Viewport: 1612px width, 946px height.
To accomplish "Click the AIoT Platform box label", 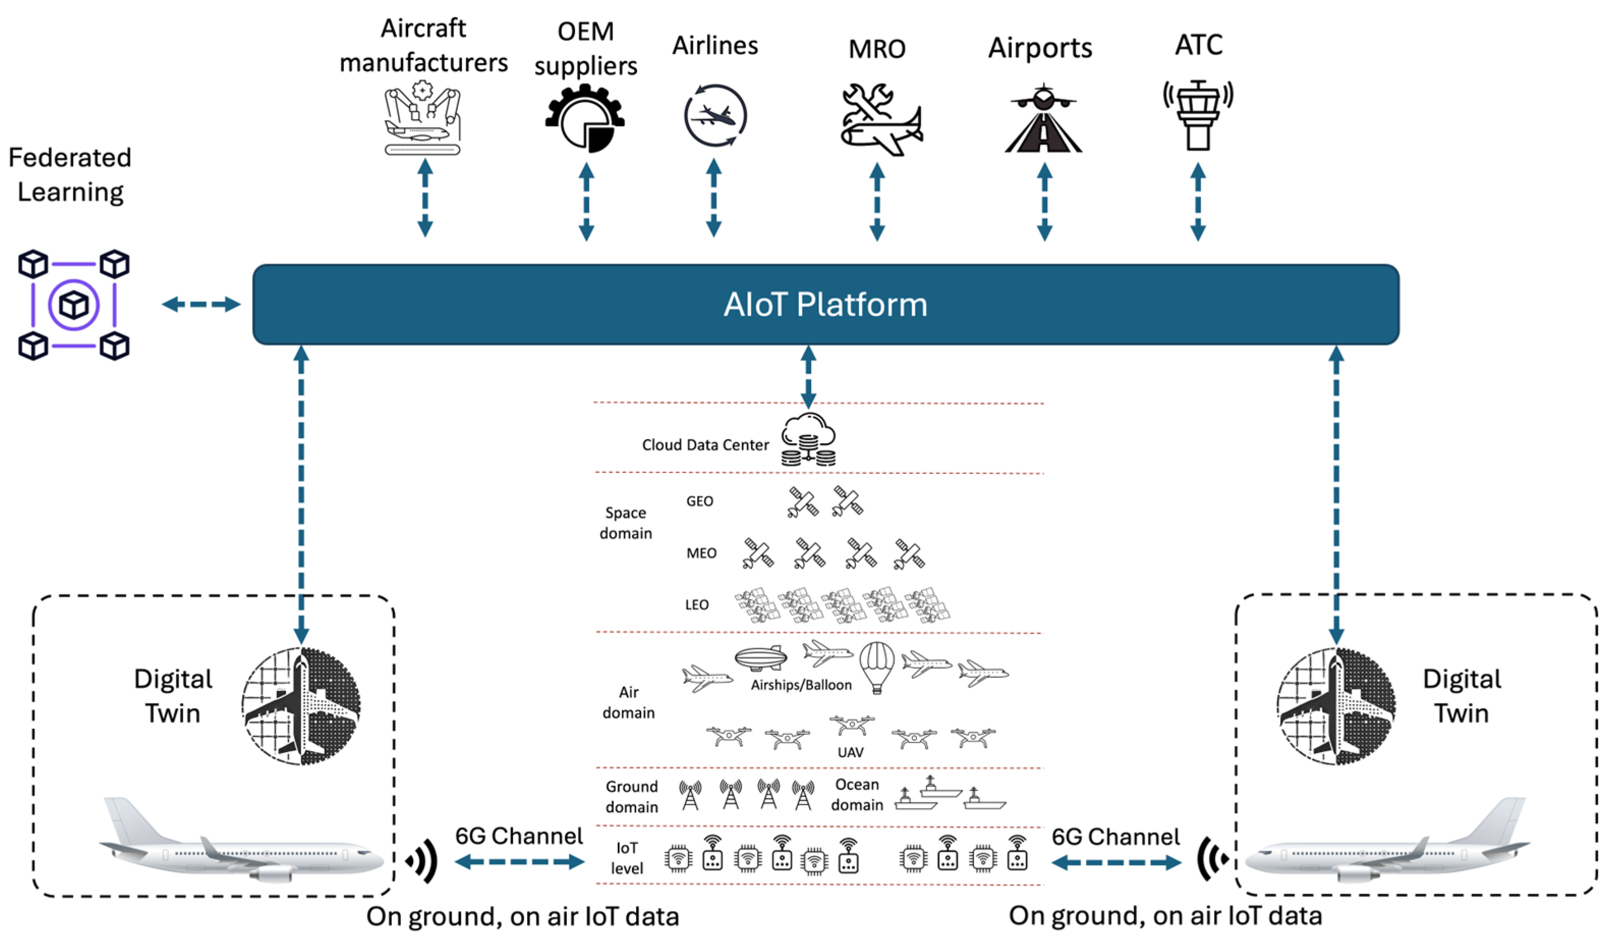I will (x=825, y=304).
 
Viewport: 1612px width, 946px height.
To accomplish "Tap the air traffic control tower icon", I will (x=1198, y=115).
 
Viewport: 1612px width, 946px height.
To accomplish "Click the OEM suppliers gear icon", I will (x=585, y=119).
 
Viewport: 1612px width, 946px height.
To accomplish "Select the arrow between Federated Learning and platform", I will (x=201, y=304).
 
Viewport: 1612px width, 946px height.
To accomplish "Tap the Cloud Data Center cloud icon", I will (x=808, y=440).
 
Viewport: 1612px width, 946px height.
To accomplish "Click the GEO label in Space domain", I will (x=699, y=501).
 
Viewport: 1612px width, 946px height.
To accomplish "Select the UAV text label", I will (x=850, y=752).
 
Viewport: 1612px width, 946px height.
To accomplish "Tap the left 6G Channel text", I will (x=519, y=836).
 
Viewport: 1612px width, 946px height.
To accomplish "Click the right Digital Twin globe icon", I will (x=1336, y=706).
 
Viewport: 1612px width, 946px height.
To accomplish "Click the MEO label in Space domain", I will (x=701, y=553).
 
